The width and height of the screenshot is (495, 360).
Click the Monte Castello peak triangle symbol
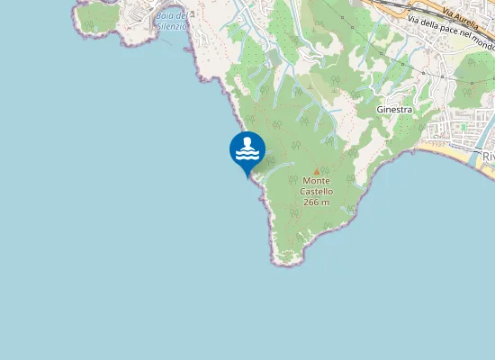pyautogui.click(x=316, y=171)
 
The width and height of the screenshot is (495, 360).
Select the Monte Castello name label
pyautogui.click(x=317, y=186)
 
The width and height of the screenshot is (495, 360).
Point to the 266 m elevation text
pyautogui.click(x=316, y=202)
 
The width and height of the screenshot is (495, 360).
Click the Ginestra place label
pyautogui.click(x=394, y=109)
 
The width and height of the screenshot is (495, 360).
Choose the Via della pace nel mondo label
pyautogui.click(x=450, y=31)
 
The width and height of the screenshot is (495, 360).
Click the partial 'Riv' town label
pyautogui.click(x=489, y=157)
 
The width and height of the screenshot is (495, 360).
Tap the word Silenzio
pyautogui.click(x=170, y=27)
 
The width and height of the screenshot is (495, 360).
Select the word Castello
pyautogui.click(x=317, y=192)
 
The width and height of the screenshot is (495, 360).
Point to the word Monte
pyautogui.click(x=317, y=181)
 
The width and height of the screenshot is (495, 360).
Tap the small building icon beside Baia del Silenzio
pyautogui.click(x=193, y=15)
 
